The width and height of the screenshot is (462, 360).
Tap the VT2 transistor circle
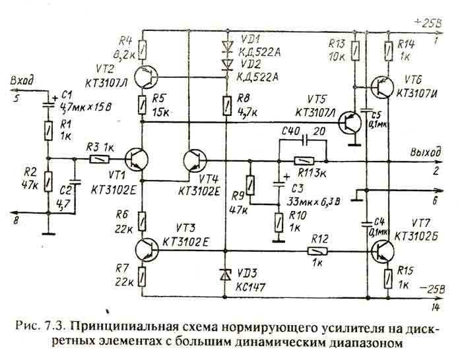[146, 76]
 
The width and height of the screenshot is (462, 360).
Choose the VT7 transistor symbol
[383, 251]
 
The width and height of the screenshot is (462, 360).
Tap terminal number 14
[435, 305]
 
